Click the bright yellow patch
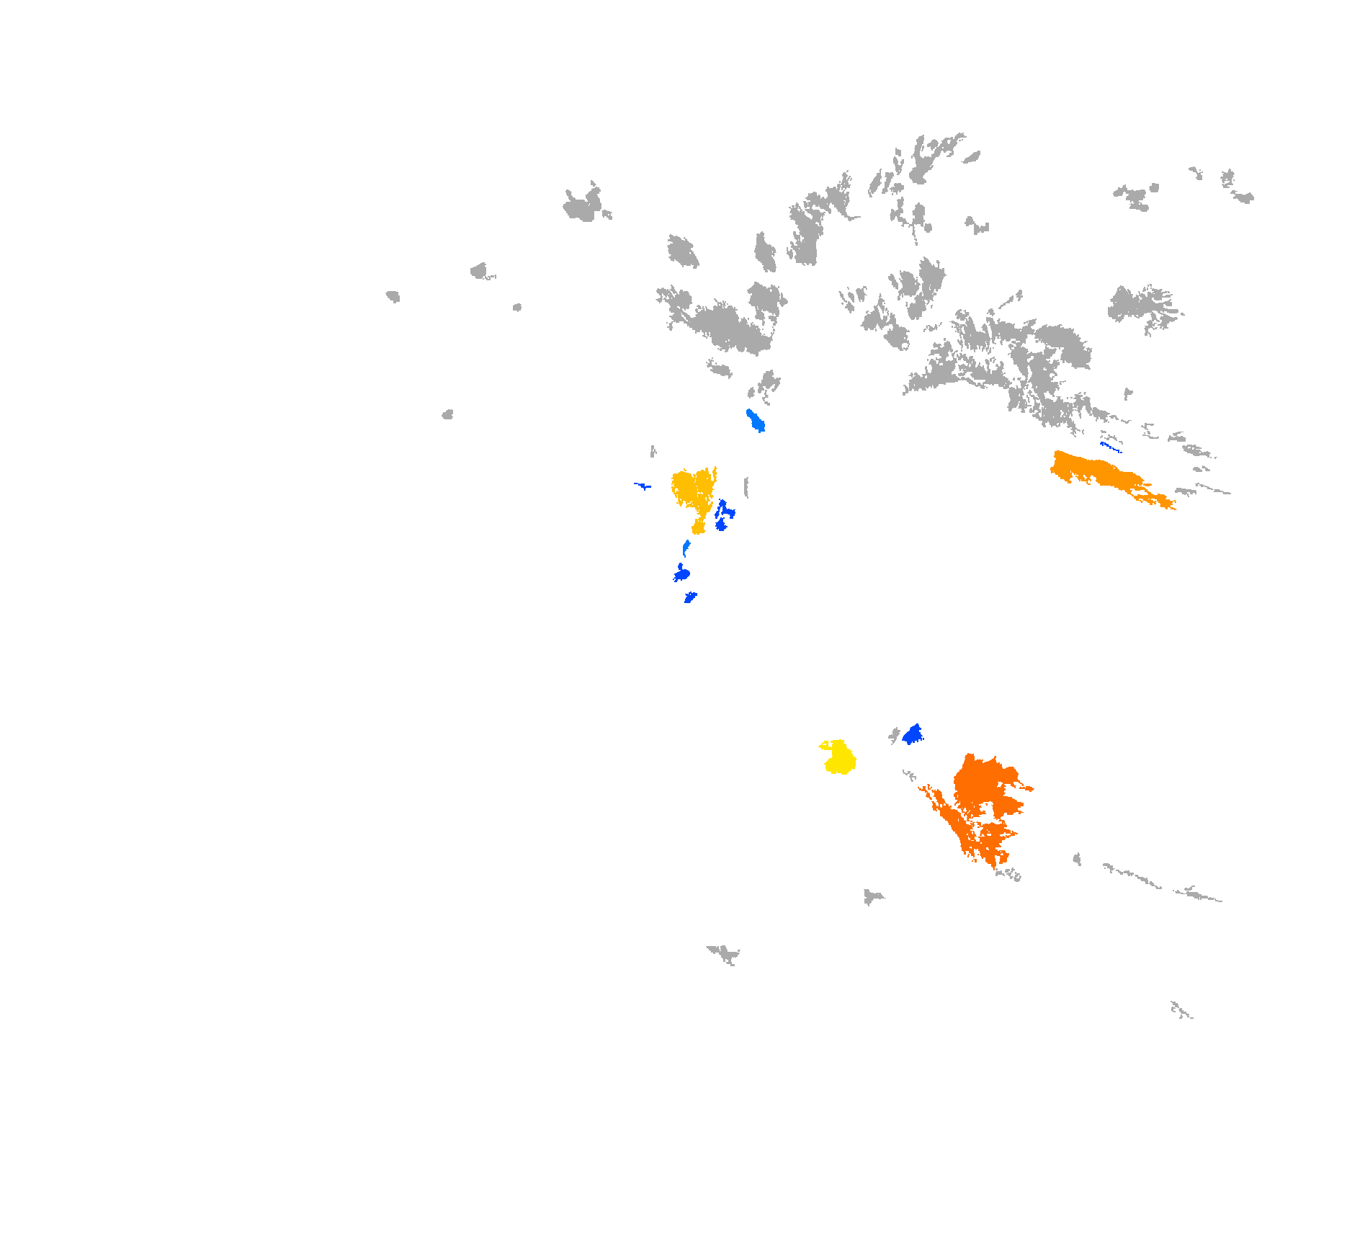[839, 758]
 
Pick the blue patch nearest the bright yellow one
[913, 735]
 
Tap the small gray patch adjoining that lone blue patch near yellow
[895, 735]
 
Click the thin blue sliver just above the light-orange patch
[1110, 447]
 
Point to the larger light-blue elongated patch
[755, 420]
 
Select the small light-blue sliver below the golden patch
[686, 548]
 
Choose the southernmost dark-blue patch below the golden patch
[690, 597]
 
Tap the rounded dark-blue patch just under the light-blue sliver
[681, 574]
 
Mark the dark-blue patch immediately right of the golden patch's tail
[722, 515]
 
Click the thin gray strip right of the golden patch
[746, 487]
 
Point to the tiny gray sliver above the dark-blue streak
[653, 451]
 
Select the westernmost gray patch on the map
[393, 295]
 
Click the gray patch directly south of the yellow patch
[872, 896]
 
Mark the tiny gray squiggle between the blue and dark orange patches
[909, 775]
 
